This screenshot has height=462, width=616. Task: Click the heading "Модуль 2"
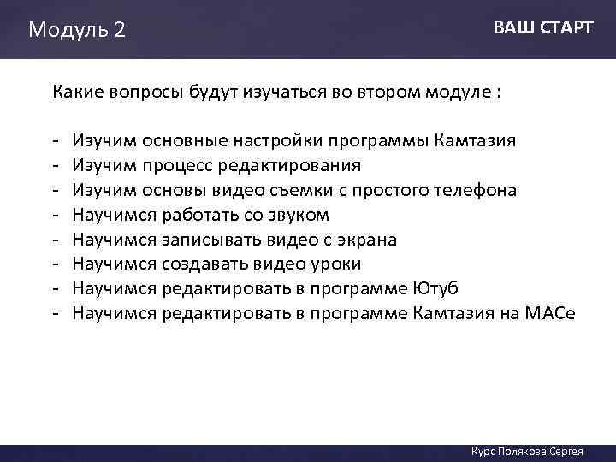pos(77,30)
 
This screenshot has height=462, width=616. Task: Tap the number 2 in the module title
pos(119,30)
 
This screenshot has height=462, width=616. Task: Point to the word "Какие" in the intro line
pos(77,92)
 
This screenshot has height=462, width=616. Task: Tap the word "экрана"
pos(342,239)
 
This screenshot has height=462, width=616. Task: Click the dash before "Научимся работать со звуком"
pos(55,214)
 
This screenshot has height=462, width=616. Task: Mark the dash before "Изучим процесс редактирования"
pos(55,164)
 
